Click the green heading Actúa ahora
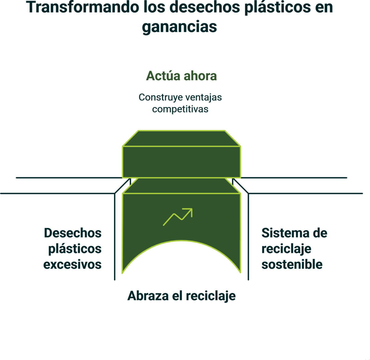pyautogui.click(x=181, y=76)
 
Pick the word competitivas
pyautogui.click(x=180, y=109)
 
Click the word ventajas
pyautogui.click(x=203, y=98)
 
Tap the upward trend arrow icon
pyautogui.click(x=178, y=217)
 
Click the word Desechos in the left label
pyautogui.click(x=73, y=233)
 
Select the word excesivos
pyautogui.click(x=72, y=265)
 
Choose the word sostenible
pyautogui.click(x=292, y=265)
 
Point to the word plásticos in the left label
pyautogui.click(x=75, y=249)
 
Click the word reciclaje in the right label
pyautogui.click(x=286, y=249)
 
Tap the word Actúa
pyautogui.click(x=163, y=76)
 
